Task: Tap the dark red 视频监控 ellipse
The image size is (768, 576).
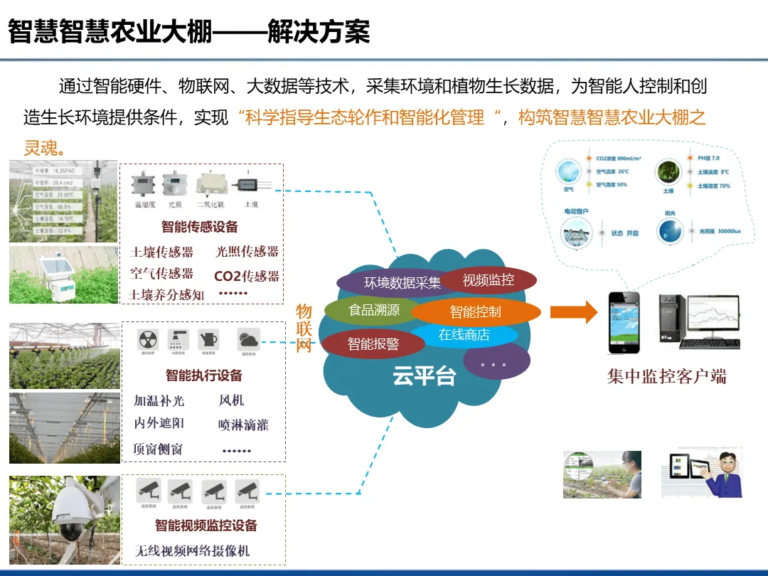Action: tap(489, 279)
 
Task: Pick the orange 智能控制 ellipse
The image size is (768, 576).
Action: tap(475, 311)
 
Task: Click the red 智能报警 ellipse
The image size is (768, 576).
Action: tap(373, 345)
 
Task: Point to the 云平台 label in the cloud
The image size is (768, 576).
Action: tap(424, 376)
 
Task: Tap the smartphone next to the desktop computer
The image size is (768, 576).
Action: tap(624, 322)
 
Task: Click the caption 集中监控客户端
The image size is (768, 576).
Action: tap(666, 376)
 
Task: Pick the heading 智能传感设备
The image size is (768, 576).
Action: tap(199, 227)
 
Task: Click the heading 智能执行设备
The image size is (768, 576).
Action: tap(204, 375)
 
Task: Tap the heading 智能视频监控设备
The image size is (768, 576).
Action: tap(206, 525)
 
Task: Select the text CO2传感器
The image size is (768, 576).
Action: tap(247, 276)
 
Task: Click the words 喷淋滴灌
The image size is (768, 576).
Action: tap(243, 425)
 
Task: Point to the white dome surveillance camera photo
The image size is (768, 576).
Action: tap(64, 520)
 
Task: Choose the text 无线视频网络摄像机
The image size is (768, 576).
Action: tap(192, 550)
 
